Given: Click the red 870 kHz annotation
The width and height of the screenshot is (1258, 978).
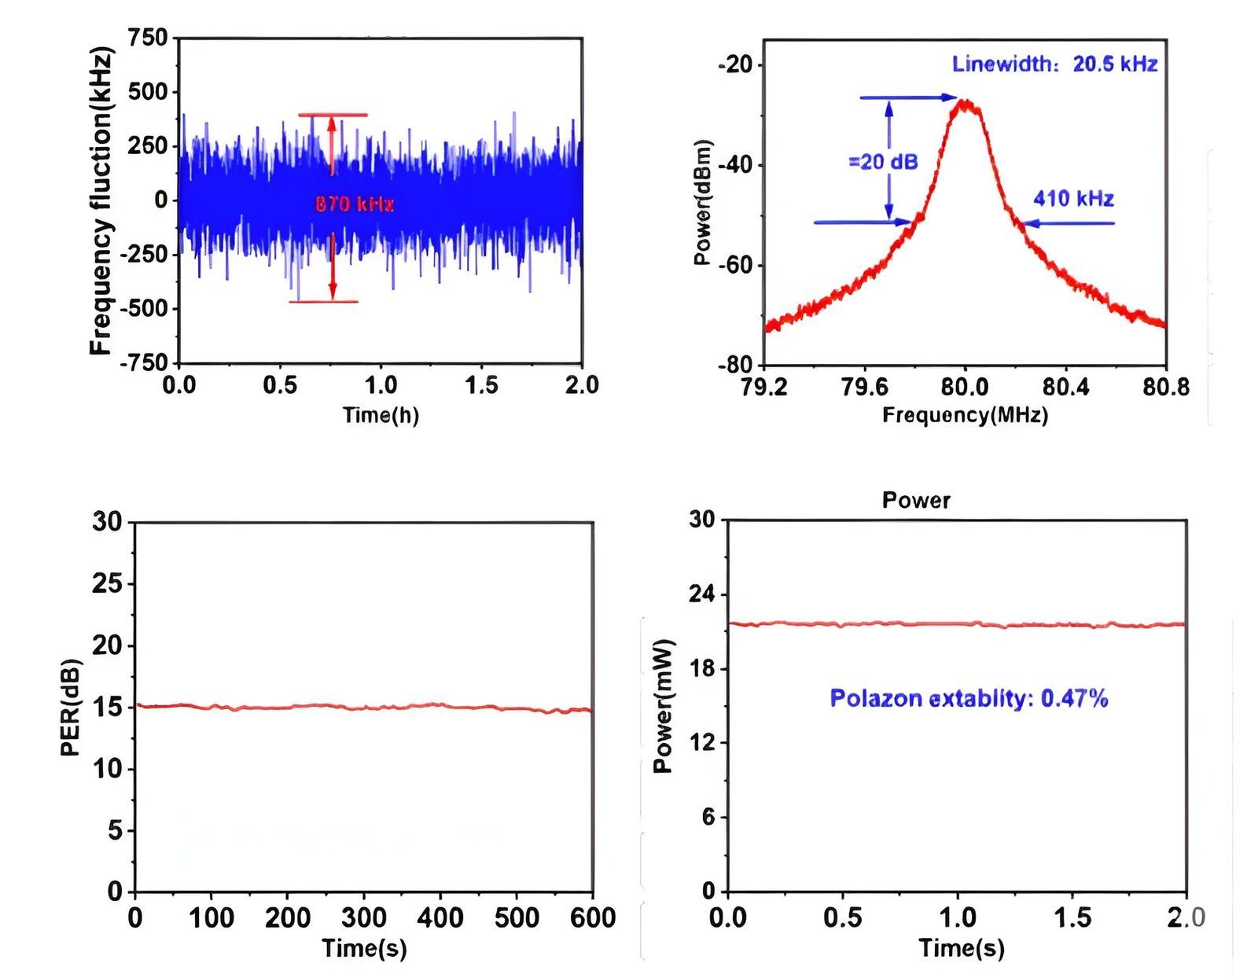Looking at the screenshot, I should point(354,204).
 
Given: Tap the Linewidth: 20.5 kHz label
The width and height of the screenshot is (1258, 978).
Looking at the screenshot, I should point(1054,64).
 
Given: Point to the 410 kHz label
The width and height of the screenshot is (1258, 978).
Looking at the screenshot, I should point(1073,198).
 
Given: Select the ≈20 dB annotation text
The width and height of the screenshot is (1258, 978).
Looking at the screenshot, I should point(883,162).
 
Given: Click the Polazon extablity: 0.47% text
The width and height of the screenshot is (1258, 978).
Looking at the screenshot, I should point(969,698).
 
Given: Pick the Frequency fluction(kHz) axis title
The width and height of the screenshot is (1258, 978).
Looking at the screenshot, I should point(102,200).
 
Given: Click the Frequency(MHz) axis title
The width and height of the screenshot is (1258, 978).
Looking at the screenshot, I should point(965,414).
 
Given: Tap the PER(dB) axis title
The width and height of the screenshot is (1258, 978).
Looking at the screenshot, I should point(71,706).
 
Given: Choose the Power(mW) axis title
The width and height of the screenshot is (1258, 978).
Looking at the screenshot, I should point(664,706).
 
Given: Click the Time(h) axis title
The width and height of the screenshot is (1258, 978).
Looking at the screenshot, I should point(381,414).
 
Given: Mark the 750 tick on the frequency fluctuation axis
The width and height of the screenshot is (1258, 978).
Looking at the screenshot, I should point(149,38).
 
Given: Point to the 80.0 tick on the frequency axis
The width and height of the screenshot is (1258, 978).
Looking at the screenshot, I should point(965,387).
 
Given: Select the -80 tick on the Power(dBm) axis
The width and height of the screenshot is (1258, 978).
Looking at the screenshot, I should point(735,365).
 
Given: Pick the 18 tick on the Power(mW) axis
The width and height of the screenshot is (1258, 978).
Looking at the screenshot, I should point(704,669).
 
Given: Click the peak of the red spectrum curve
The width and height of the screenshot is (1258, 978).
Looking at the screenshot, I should point(965,102).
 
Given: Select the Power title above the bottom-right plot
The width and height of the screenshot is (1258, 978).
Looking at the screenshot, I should point(916,501).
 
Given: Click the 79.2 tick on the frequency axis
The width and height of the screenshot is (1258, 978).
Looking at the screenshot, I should point(763,387).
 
